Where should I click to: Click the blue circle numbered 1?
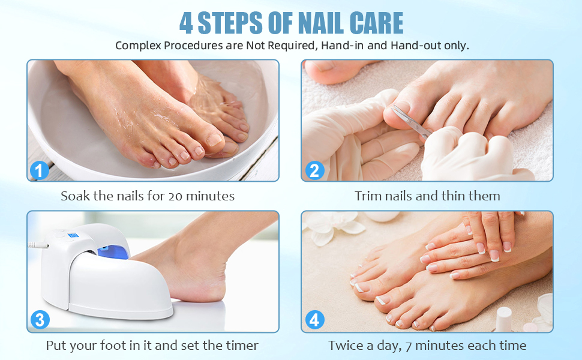coord(40,171)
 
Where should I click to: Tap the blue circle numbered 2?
coord(314,171)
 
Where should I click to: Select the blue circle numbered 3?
coord(40,320)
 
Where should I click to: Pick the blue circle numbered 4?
coord(314,320)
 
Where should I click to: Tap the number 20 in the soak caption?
coord(175,196)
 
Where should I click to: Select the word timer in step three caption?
coord(243,346)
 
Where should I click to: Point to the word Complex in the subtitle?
coord(138,46)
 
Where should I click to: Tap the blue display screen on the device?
coord(73,235)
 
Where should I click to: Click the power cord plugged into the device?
coord(38,245)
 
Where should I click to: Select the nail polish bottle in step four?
coord(503,319)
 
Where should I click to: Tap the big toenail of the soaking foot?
coord(214,140)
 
